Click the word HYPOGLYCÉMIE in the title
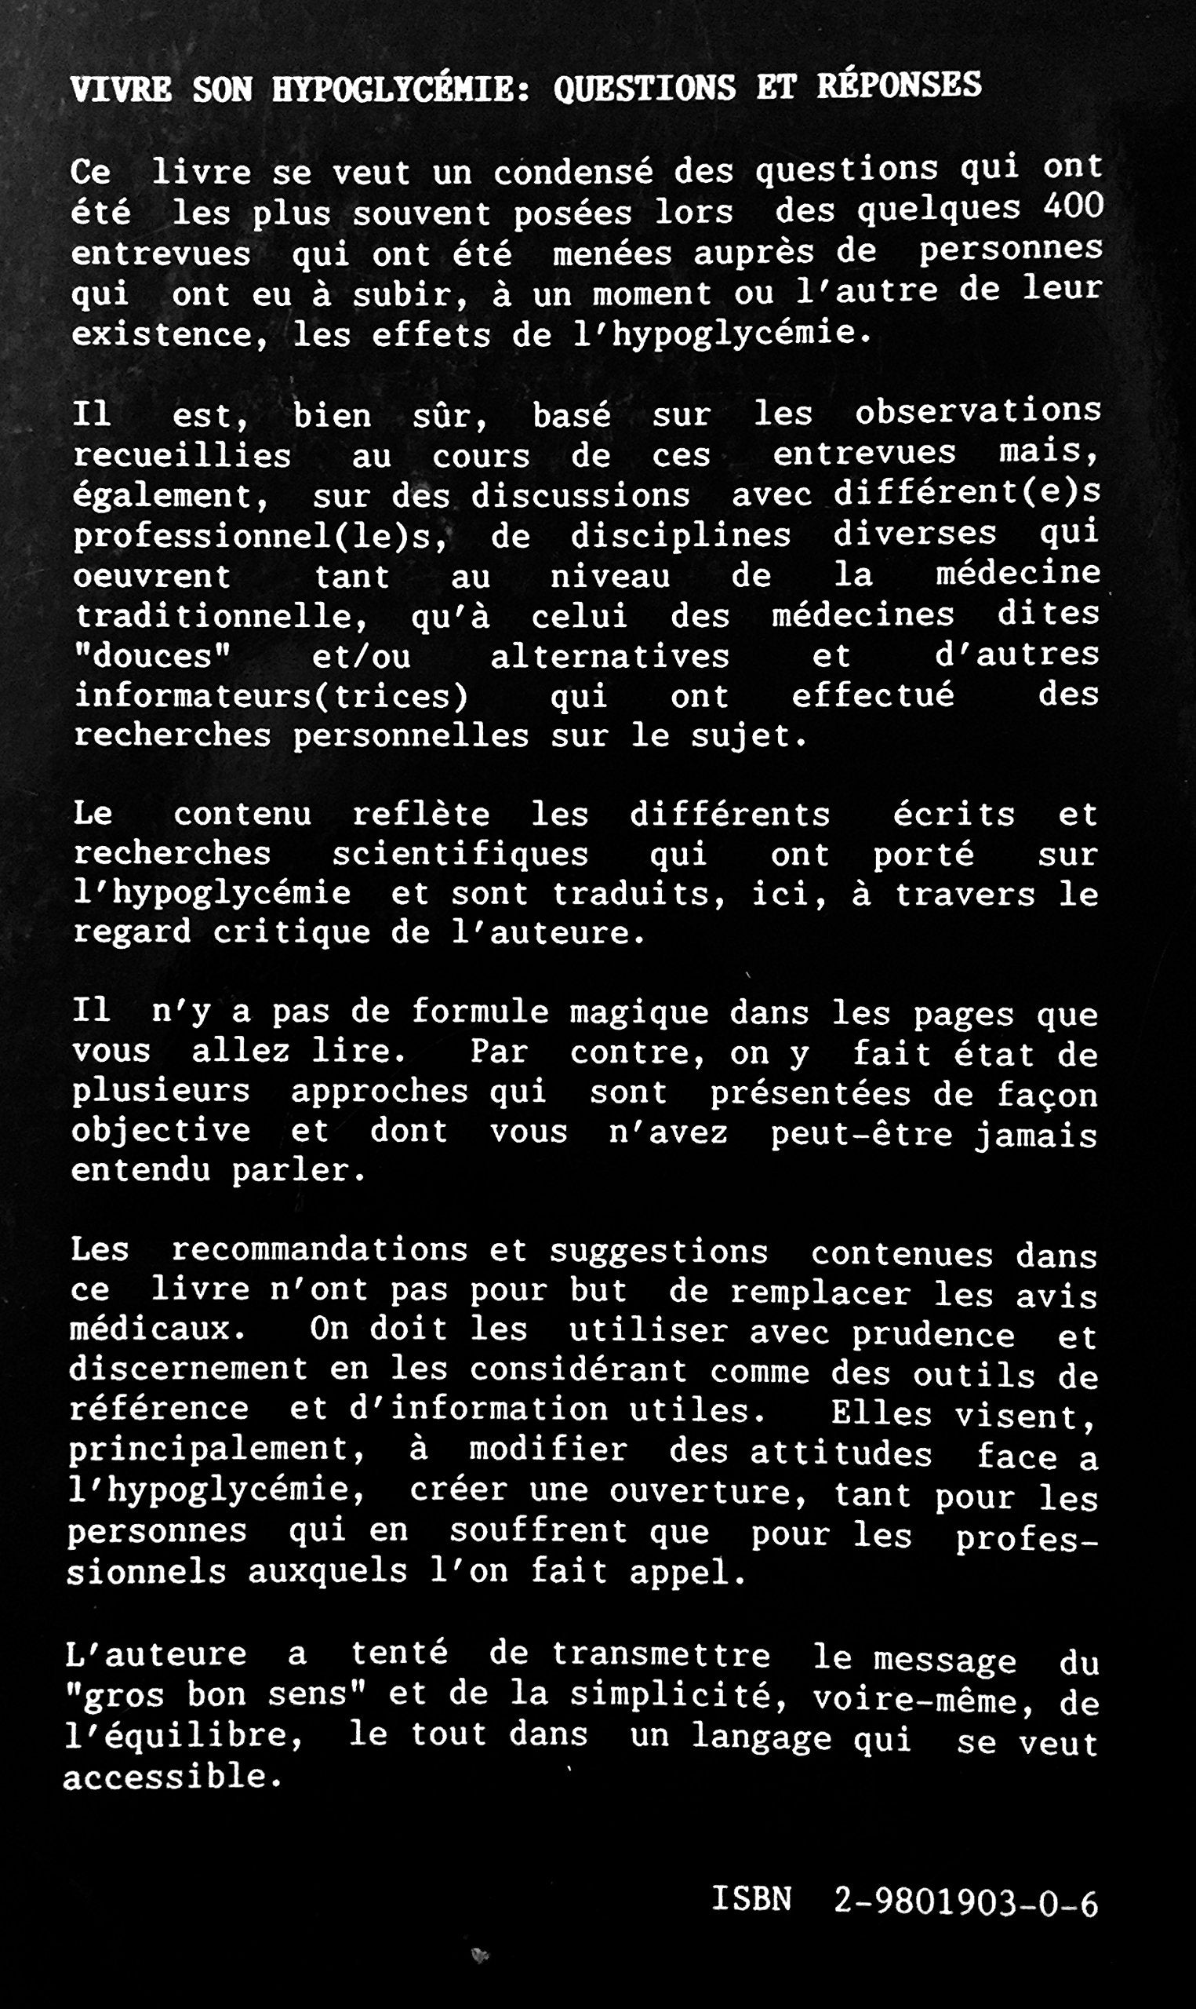(x=401, y=89)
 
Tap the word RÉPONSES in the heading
(x=900, y=85)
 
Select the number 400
(x=1073, y=207)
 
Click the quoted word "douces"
(x=152, y=656)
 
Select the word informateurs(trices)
(x=271, y=696)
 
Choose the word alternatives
(x=610, y=656)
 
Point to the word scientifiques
(x=460, y=855)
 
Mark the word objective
(x=162, y=1131)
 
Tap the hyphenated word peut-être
(x=862, y=1133)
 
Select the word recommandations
(x=319, y=1250)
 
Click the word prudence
(x=933, y=1334)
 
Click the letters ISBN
(x=752, y=1898)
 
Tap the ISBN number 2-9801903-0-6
(x=965, y=1901)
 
